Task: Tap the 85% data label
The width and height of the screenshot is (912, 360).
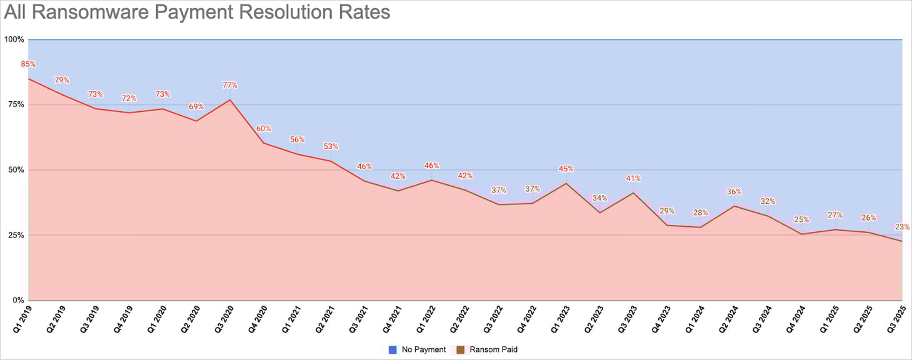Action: point(28,64)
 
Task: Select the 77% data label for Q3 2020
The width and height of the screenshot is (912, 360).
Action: point(230,85)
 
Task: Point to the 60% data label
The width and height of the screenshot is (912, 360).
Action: point(264,129)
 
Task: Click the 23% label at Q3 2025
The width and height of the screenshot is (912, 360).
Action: point(902,227)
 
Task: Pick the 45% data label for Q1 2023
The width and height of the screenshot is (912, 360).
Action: point(566,169)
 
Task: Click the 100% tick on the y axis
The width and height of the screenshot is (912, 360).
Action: point(14,39)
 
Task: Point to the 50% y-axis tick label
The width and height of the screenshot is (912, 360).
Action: point(16,170)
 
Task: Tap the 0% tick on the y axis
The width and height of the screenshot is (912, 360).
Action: point(18,301)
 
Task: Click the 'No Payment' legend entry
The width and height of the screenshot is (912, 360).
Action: point(417,349)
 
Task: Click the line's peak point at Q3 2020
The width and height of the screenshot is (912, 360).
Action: point(230,100)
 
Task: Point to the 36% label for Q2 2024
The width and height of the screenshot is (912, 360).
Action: point(734,192)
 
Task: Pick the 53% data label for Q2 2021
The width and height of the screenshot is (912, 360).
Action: point(331,146)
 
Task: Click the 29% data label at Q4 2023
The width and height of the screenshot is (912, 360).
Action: point(667,211)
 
